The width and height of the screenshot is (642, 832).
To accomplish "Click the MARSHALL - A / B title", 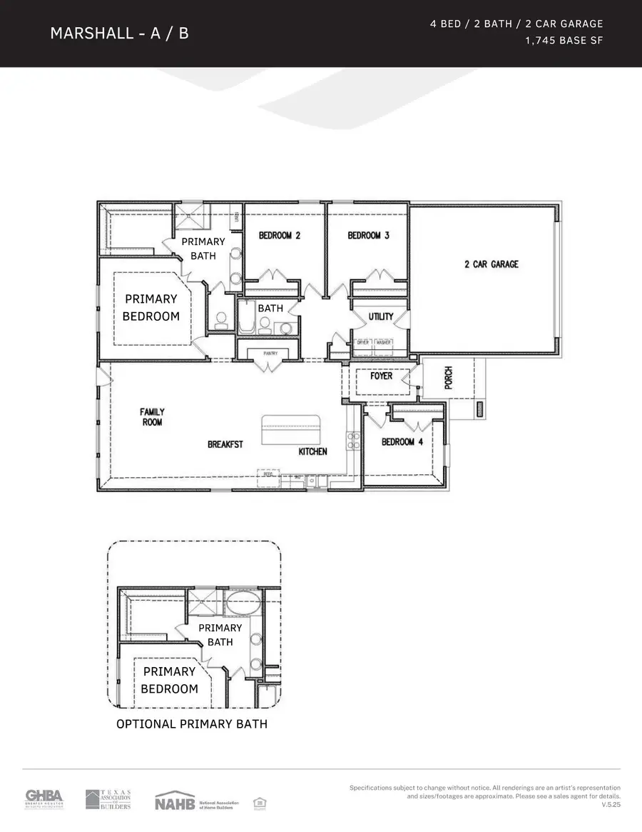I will tap(119, 33).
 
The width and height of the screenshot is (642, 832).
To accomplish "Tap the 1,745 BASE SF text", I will tap(564, 41).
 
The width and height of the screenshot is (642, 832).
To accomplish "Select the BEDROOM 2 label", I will tap(280, 236).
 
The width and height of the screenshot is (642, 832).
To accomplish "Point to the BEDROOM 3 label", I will tap(368, 236).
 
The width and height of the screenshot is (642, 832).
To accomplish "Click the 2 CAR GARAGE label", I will tap(491, 264).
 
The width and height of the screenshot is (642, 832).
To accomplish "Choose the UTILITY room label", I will tap(381, 316).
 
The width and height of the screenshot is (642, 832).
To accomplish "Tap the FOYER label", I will tap(382, 376).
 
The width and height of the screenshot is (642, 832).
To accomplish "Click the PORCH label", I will tap(448, 378).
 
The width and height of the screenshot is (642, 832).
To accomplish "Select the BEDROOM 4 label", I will tap(402, 442).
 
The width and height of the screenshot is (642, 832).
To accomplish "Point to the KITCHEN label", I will tap(312, 451).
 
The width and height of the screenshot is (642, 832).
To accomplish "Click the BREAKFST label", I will tap(225, 444).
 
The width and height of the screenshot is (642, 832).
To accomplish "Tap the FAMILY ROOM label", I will tap(152, 417).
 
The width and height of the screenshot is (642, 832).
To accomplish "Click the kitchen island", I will tap(292, 430).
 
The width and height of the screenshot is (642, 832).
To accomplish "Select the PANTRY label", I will tap(270, 354).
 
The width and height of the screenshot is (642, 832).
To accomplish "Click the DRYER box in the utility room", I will tap(363, 343).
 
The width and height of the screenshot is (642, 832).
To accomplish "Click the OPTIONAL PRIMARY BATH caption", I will tap(192, 724).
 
